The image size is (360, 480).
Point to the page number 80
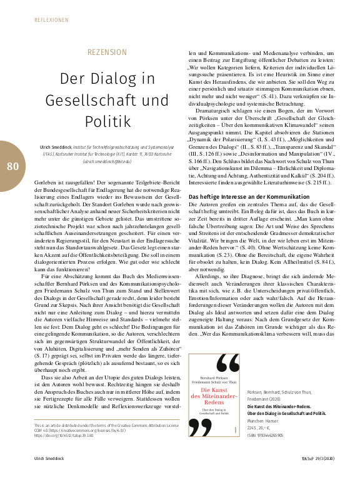[x=13, y=166]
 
